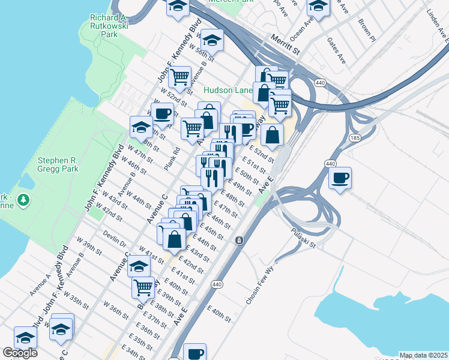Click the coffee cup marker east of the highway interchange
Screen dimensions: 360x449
pos(340,178)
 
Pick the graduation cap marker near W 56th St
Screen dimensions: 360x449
pos(212,40)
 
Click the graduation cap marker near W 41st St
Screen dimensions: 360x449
pos(139,265)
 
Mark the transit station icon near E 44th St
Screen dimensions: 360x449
pos(240,241)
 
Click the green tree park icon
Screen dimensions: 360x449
pos(23,199)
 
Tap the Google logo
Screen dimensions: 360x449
pos(20,353)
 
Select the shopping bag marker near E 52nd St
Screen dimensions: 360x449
pos(272,135)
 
